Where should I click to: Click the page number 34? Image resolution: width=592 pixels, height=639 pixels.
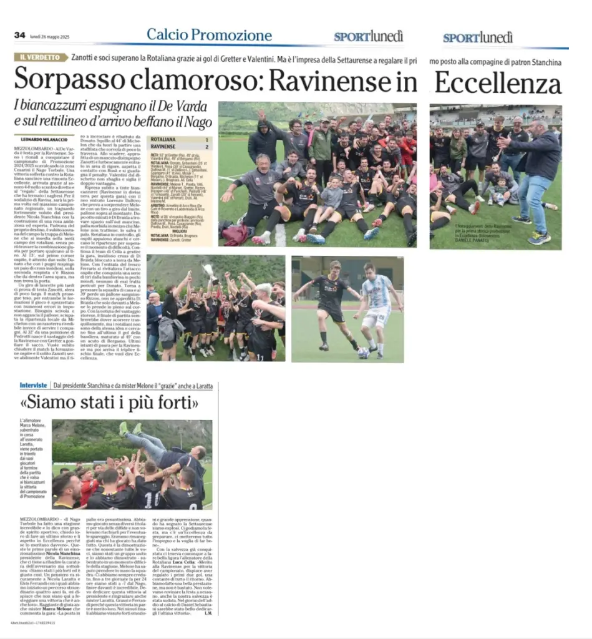click(x=19, y=35)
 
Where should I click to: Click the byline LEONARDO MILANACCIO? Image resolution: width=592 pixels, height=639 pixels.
click(x=44, y=139)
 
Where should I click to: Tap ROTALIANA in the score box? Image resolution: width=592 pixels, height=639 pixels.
click(x=164, y=140)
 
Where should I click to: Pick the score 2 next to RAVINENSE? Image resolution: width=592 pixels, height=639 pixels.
click(x=206, y=148)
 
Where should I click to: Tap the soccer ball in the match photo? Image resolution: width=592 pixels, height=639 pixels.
click(x=363, y=353)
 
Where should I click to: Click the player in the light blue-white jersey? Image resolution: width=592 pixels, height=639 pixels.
click(x=378, y=309)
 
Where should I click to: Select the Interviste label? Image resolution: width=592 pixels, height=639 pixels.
click(x=34, y=386)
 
